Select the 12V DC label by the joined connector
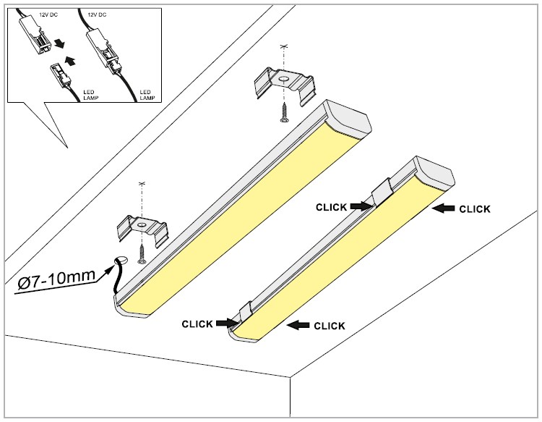coord(99,14)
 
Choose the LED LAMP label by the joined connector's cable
coord(147,94)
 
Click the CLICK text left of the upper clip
coord(331,207)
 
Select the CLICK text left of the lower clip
coord(197,324)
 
